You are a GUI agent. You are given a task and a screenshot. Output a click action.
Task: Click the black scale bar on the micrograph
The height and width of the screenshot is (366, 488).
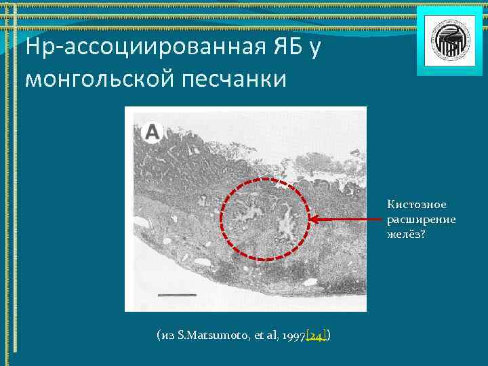(x=178, y=296)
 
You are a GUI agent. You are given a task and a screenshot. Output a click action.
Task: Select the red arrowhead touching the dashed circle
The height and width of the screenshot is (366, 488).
(x=313, y=219)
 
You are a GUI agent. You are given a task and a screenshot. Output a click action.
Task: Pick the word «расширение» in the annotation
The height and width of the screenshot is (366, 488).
(x=421, y=219)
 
